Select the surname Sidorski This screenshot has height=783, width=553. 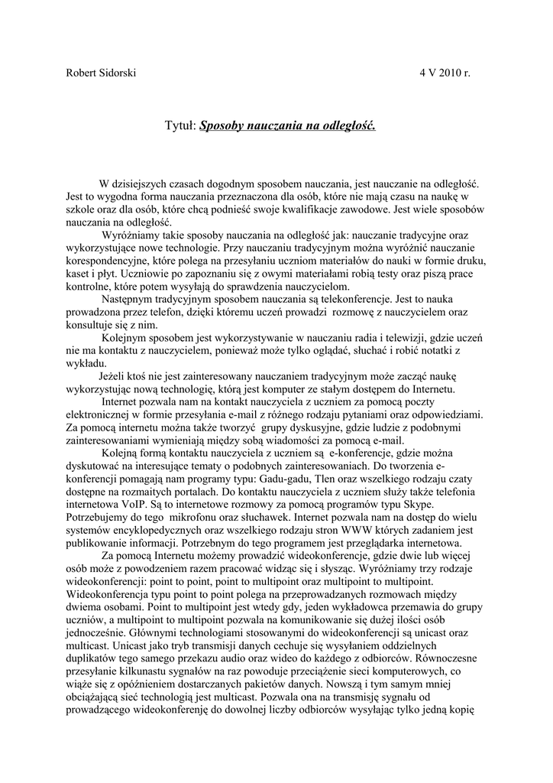pos(119,73)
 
